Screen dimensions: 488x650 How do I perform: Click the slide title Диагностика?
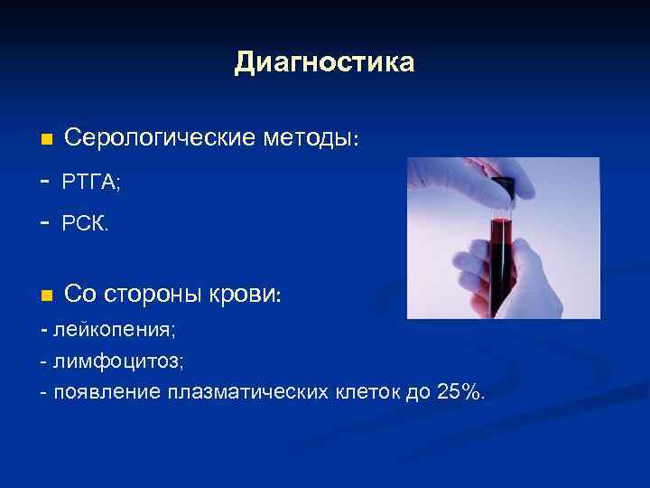[324, 62]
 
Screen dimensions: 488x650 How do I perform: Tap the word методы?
[310, 139]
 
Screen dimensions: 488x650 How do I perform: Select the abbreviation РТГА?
[90, 183]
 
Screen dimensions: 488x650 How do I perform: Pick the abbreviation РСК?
[85, 223]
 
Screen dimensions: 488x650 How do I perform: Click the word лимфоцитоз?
[118, 361]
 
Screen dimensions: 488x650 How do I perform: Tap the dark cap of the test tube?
[502, 187]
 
